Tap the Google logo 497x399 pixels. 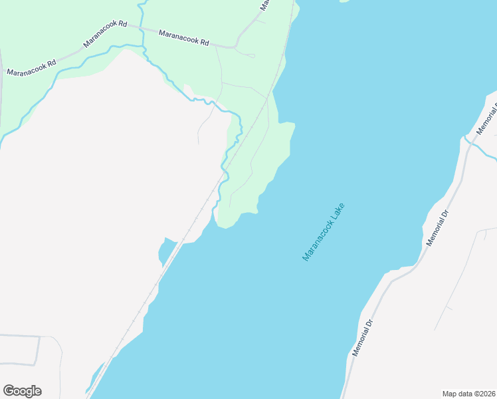22,391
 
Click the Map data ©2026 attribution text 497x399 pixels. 468,393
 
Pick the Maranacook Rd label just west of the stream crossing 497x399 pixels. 105,33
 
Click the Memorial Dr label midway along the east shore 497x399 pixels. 438,229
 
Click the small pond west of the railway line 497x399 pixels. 165,251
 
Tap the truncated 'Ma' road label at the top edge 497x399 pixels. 264,5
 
